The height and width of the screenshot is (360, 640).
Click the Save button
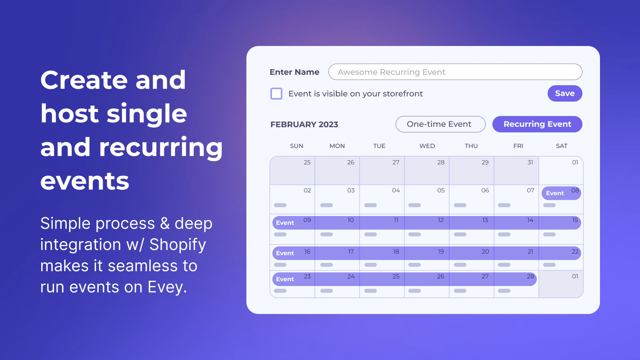coord(564,94)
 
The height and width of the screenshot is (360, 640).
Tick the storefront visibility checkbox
coord(276,94)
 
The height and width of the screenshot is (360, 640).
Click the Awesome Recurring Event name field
coord(455,72)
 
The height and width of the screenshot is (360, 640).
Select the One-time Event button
coord(440,124)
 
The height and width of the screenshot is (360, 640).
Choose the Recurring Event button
coord(537,124)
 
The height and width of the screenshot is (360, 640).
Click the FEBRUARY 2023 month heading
coord(304,124)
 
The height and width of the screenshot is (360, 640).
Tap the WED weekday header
coord(427,146)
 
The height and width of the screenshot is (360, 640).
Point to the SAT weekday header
coord(562,146)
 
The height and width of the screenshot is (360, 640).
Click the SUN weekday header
coord(296,146)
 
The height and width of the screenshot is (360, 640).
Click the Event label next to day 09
coord(285,223)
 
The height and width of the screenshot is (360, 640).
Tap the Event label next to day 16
coord(285,253)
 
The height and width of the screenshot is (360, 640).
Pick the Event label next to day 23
coord(285,279)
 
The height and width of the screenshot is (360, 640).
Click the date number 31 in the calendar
coord(530,162)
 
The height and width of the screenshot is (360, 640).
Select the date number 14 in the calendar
coord(530,220)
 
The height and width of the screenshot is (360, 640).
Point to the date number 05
coord(441,190)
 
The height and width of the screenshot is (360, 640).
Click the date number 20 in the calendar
coord(485,252)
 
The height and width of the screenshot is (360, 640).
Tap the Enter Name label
coord(294,72)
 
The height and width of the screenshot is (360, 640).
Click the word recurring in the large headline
coord(160,148)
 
